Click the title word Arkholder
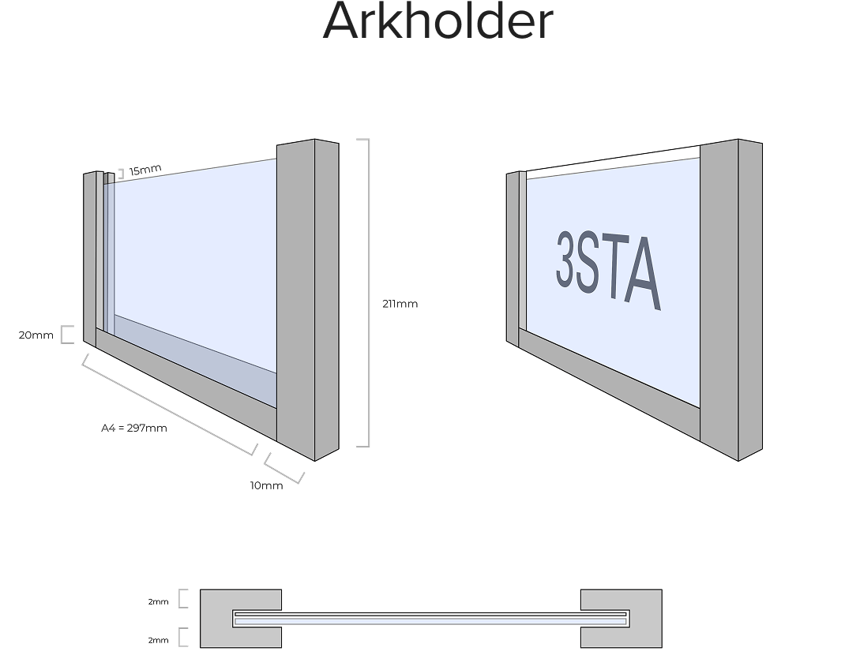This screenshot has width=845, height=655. (x=438, y=21)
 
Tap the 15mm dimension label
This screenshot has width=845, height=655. (x=145, y=170)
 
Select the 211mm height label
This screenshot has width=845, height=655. (x=400, y=304)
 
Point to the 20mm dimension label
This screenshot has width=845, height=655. (x=36, y=335)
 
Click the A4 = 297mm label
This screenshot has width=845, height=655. (x=134, y=428)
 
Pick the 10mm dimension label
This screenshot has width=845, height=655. (x=266, y=485)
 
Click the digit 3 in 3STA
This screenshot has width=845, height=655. (x=566, y=258)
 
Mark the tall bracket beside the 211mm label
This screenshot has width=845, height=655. (x=365, y=293)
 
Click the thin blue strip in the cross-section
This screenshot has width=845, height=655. (x=430, y=621)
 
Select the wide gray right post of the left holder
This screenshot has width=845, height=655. (x=296, y=300)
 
